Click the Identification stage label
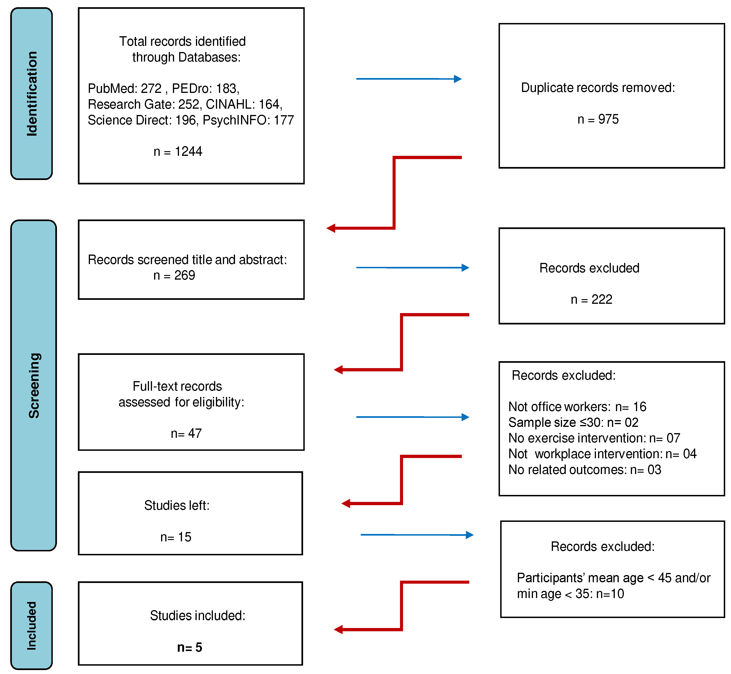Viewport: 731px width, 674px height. [32, 94]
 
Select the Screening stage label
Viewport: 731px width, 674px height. [34, 386]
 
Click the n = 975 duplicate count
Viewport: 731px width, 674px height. [598, 119]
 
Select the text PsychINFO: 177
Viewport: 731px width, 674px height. [248, 120]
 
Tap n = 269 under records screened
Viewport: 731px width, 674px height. [174, 275]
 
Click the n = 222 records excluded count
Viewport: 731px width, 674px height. [591, 299]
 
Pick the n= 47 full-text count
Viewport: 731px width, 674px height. [186, 433]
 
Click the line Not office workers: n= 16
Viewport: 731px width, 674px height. [577, 407]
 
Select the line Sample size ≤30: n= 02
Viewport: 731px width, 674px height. [573, 422]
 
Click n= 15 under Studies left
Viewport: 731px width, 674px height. [175, 537]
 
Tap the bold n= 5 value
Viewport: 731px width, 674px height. [189, 647]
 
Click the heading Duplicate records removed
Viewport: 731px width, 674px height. [598, 88]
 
